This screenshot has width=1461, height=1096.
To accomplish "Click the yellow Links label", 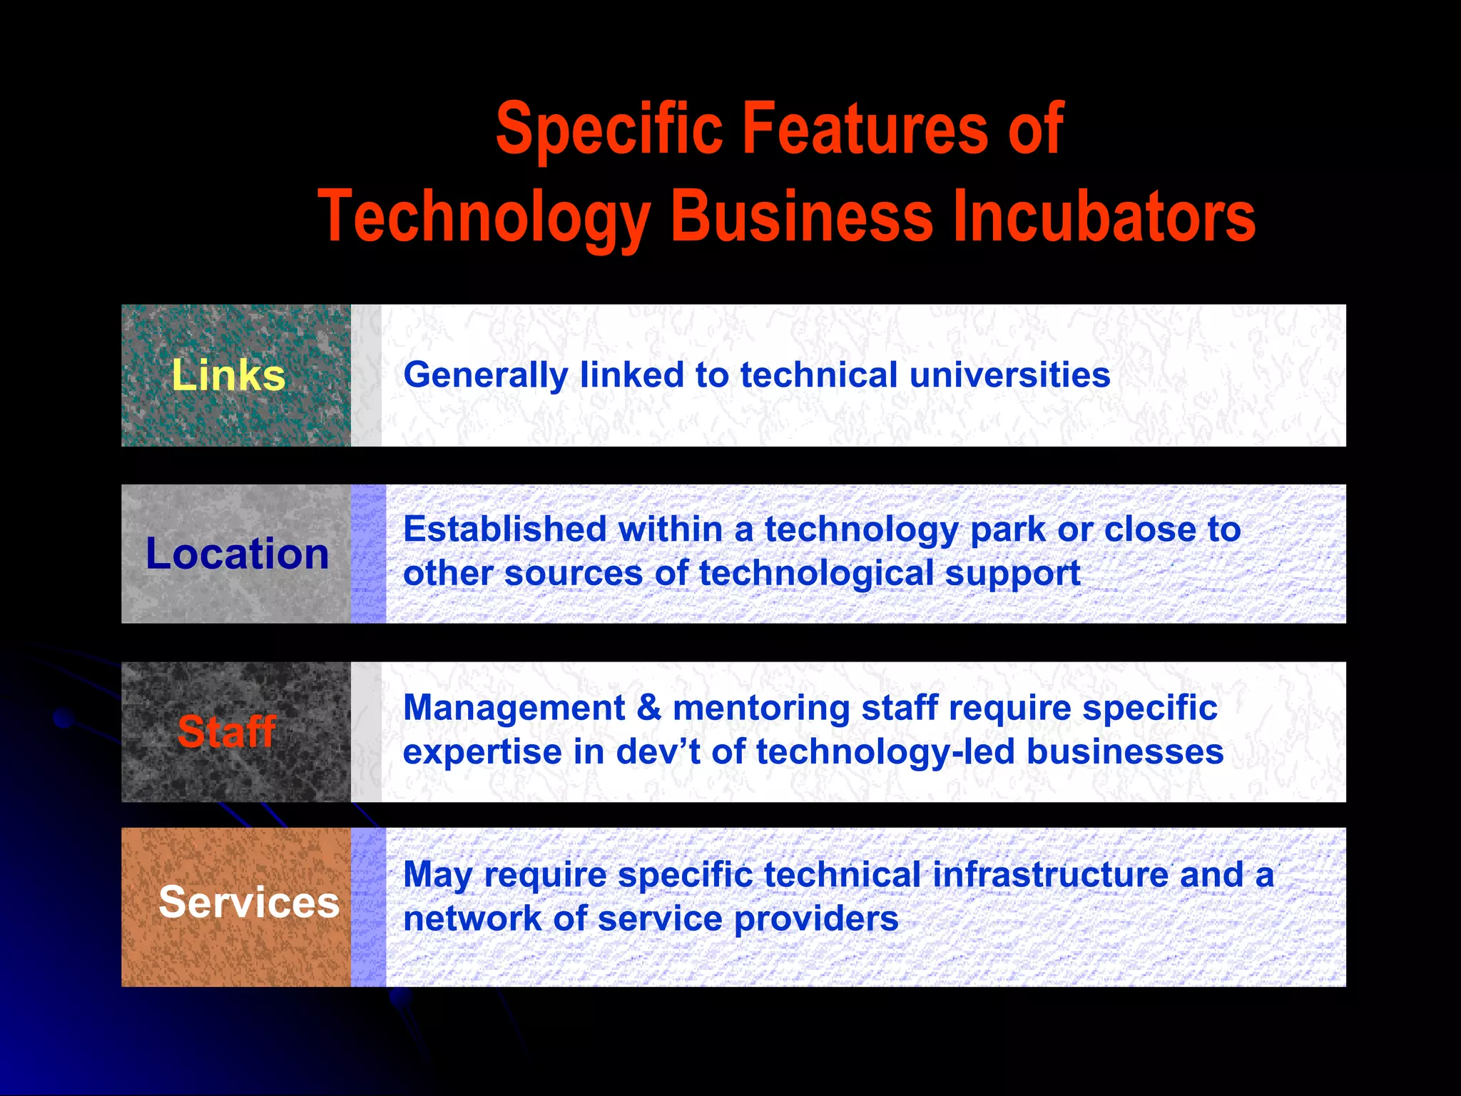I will click(x=228, y=375).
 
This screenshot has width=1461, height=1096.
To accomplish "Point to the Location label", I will click(x=237, y=554).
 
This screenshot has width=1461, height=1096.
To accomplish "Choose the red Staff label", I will click(x=227, y=731).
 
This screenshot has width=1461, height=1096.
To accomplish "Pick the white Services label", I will click(x=248, y=902).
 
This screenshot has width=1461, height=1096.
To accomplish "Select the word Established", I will click(x=505, y=529).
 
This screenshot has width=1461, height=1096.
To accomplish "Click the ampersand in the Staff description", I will click(x=648, y=708).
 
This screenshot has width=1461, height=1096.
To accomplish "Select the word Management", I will click(x=514, y=708).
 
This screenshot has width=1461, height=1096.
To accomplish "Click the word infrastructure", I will click(x=1050, y=875).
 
